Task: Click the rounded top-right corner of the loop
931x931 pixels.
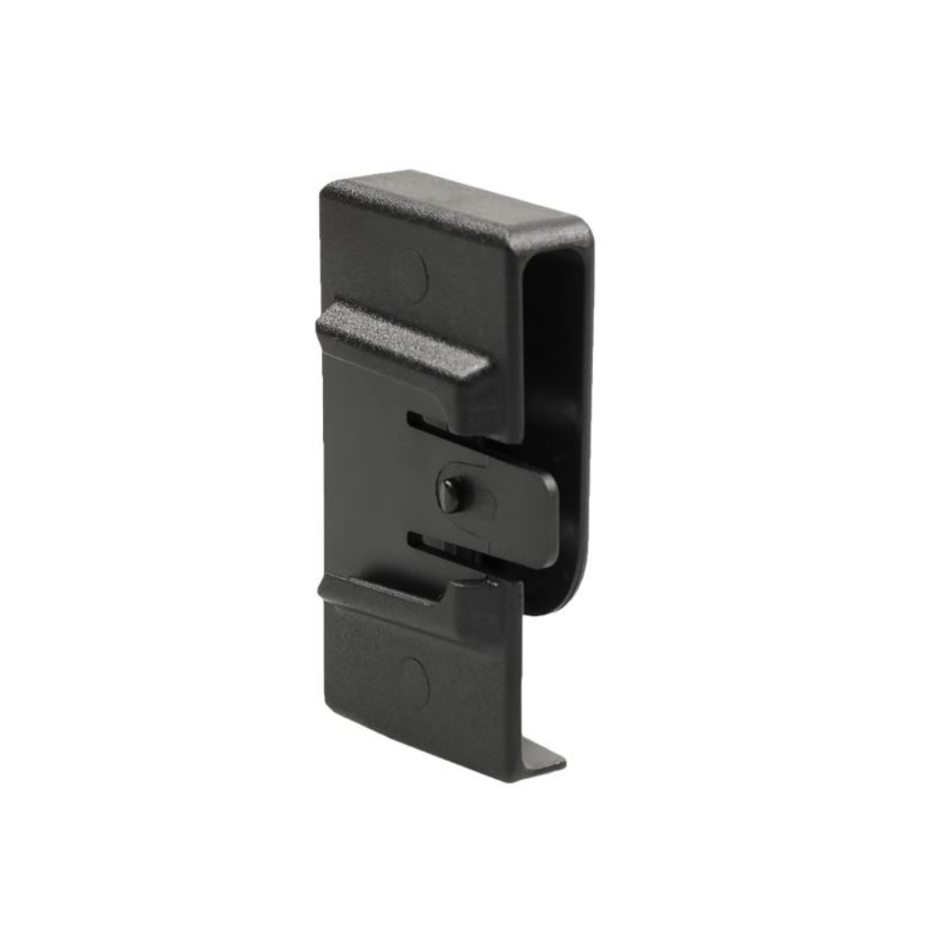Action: [x=582, y=233]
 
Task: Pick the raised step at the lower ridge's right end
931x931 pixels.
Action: [x=479, y=596]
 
